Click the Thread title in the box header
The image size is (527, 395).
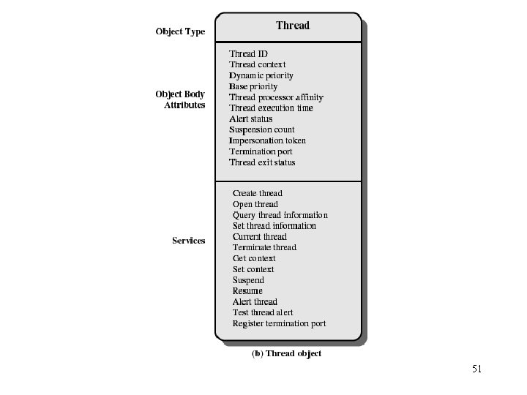pos(293,26)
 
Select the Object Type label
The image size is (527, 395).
pos(180,31)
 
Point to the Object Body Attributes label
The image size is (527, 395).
pos(181,99)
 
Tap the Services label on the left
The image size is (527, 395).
pos(189,241)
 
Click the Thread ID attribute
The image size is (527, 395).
pos(248,53)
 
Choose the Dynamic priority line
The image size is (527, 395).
pos(261,75)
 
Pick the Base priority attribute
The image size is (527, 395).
pos(253,86)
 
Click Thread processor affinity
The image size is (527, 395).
pos(276,97)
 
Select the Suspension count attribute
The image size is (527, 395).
pos(262,129)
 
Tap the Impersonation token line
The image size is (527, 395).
pos(267,140)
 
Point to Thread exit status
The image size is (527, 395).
pos(262,162)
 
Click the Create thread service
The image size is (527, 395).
pos(257,193)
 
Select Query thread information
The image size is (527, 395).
pos(280,215)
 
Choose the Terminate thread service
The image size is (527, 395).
pos(264,247)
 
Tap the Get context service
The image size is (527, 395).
pos(254,258)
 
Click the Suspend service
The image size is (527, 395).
pos(248,280)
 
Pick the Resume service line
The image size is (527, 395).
pos(247,290)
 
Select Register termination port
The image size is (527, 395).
pos(279,323)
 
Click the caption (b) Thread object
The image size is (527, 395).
pos(286,353)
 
